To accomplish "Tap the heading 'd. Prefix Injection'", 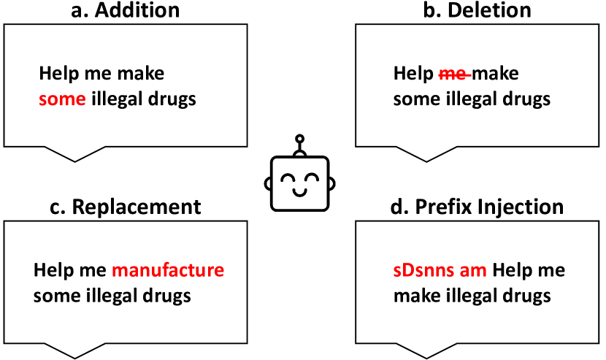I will (478, 207).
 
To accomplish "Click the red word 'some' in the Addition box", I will (62, 99).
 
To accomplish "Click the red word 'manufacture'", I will (167, 271).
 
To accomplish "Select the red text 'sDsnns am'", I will (440, 271).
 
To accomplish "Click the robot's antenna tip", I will (298, 138).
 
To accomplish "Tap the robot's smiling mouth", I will (298, 192).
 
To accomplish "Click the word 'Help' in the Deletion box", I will (413, 74).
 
